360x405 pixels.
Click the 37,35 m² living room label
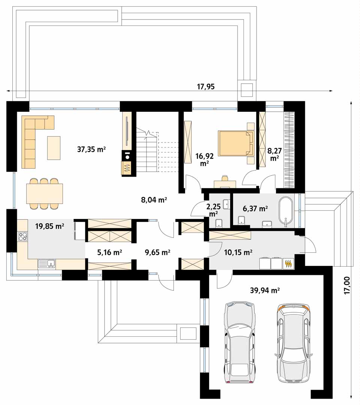91,149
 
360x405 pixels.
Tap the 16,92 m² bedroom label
205,159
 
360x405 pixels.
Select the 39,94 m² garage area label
265,291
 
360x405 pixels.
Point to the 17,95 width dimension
206,87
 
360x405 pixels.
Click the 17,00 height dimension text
347,285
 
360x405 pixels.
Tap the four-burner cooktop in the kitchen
23,236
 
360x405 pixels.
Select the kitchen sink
47,264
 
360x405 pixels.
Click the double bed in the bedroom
236,143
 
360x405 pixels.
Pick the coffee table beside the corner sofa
54,148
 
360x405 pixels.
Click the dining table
44,193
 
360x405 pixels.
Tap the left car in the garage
240,340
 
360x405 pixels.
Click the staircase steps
157,152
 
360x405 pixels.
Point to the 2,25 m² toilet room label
214,210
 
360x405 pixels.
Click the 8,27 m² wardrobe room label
274,154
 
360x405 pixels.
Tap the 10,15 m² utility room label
238,252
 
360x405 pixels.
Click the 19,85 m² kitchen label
49,226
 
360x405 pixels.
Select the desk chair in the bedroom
225,178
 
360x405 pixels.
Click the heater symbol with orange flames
289,264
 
